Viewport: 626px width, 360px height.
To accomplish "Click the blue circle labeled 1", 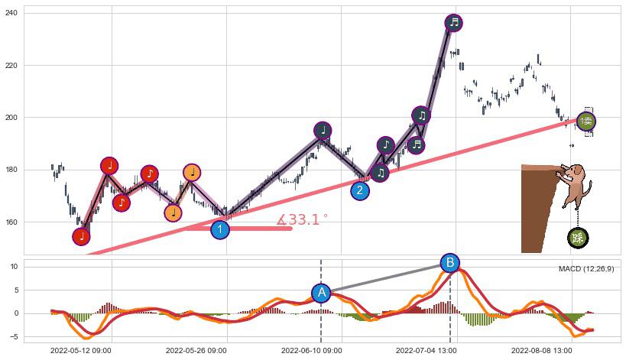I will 220,229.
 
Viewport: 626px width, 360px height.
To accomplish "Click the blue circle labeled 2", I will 360,191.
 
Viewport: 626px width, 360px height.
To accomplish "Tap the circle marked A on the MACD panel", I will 322,293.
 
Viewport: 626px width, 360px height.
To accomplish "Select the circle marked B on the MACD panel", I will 450,264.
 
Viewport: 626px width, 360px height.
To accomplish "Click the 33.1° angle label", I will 303,220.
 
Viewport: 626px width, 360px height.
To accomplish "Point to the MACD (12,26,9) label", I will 585,269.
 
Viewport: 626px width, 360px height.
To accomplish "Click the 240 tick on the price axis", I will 12,14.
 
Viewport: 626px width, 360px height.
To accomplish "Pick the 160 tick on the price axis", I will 12,222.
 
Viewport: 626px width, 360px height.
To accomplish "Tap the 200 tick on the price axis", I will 12,118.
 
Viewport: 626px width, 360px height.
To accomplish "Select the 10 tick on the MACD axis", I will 15,267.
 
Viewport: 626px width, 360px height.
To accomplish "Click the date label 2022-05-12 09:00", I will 81,350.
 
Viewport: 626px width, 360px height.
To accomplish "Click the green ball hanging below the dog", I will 578,238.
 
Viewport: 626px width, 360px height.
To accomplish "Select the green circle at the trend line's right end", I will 585,122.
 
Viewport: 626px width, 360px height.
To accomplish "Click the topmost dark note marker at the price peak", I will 454,22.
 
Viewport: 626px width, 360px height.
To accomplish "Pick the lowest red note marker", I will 82,237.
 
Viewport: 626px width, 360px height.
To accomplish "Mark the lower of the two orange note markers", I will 174,212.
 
